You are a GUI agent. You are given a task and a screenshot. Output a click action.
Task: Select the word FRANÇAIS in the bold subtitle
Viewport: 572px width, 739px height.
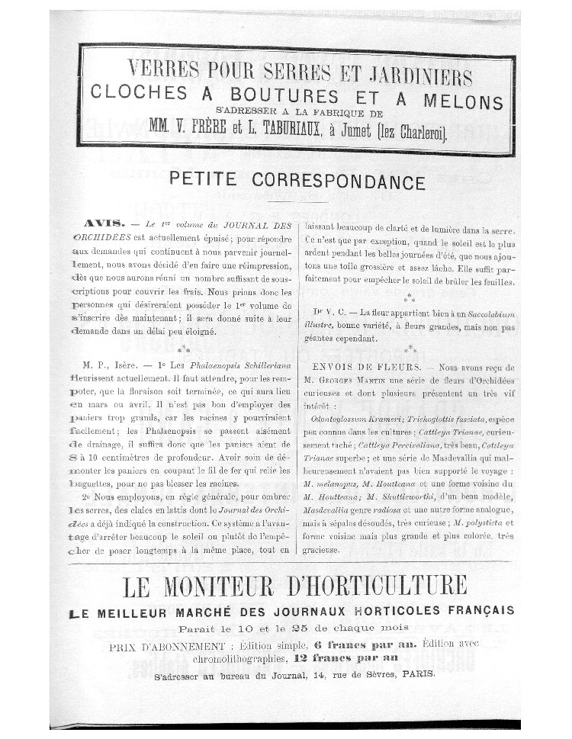[478, 611]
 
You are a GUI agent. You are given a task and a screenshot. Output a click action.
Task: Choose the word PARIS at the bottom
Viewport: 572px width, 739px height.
[415, 674]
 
